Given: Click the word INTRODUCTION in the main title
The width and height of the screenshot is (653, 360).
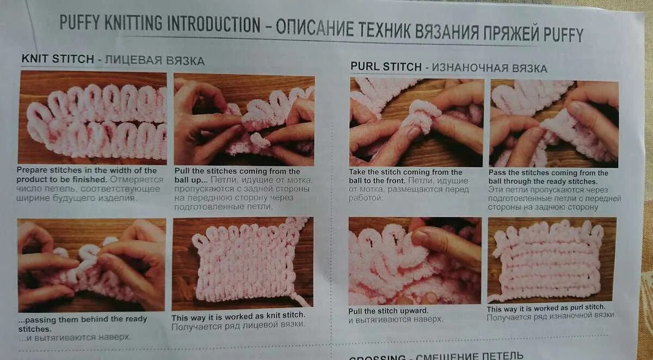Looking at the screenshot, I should coord(213,24).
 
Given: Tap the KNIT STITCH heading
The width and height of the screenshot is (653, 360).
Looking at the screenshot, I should coord(58,59).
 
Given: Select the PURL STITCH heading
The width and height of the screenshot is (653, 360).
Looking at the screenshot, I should coord(386,67).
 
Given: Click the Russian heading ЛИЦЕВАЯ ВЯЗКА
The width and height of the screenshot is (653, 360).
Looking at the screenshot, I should coord(155,60).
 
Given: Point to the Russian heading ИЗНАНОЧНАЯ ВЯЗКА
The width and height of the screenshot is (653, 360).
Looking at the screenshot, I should coord(489,68).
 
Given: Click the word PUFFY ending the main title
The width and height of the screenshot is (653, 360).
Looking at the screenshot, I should coord(563,34).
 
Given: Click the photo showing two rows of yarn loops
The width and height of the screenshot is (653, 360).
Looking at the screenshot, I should coord(93,117).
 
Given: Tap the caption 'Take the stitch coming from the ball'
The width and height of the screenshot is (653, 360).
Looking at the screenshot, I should coord(405,176).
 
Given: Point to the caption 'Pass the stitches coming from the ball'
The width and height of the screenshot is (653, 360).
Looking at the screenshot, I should coord(548,177).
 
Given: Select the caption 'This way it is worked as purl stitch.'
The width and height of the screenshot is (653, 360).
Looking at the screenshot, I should coord(546,308).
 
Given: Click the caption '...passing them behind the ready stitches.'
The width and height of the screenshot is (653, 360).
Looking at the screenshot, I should coord(82,324).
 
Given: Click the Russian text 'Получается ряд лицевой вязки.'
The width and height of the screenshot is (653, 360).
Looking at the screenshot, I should coord(238,326).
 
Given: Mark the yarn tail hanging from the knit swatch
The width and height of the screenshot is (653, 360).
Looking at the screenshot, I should coord(299,300).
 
